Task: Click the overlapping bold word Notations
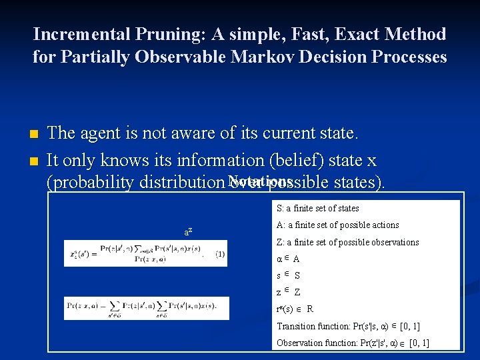259,181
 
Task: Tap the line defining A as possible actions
337,225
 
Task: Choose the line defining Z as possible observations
347,242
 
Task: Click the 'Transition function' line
347,327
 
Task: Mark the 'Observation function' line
352,343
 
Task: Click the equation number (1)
220,254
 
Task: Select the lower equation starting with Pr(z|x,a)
145,307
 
